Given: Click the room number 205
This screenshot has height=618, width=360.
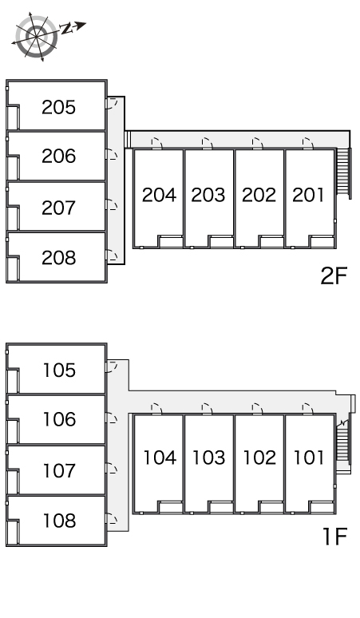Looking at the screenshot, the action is [59, 107].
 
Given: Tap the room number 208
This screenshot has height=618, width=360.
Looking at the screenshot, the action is [59, 257].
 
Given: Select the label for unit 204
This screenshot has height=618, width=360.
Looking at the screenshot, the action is [159, 195].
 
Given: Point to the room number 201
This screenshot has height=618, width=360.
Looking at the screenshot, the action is [308, 195].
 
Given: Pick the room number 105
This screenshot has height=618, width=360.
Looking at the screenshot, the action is [59, 370].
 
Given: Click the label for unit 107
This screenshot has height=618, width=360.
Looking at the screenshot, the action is [59, 470].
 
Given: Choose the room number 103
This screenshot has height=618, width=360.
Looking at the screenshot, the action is [209, 458].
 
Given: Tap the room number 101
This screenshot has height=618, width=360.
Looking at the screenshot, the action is [309, 458].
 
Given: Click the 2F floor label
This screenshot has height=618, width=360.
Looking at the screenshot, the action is [334, 275].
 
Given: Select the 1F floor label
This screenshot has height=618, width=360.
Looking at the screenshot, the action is [334, 536].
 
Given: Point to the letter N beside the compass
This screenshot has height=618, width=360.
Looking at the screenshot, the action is [66, 29].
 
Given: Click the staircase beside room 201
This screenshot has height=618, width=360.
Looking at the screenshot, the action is [344, 173].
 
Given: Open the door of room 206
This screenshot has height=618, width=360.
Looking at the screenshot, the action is [112, 154].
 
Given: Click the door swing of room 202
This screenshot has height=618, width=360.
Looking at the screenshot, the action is [258, 144].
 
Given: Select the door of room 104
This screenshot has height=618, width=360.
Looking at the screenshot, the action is [156, 409].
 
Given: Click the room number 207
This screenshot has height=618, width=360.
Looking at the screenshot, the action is [59, 208].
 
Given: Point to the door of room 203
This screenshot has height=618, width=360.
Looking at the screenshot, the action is [208, 144].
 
